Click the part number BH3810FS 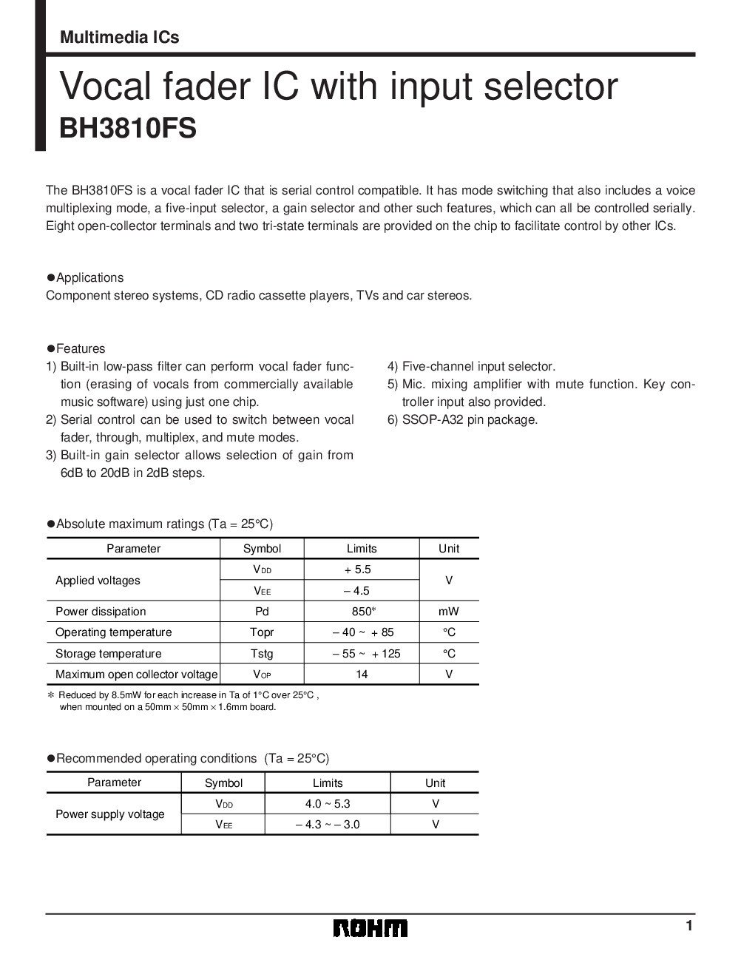coord(127,127)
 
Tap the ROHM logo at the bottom coord(370,928)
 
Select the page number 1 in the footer coord(688,927)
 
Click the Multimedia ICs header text coord(119,37)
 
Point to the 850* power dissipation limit coord(362,612)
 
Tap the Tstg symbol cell coord(262,654)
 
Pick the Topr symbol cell coord(262,632)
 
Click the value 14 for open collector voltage coord(362,675)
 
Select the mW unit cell coord(448,612)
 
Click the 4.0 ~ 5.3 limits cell coord(328,804)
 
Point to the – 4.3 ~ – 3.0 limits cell coord(328,824)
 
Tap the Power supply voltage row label coord(110,814)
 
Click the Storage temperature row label coord(108,654)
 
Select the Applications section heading coord(86,278)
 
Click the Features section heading coord(77,349)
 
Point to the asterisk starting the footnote coord(51,696)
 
